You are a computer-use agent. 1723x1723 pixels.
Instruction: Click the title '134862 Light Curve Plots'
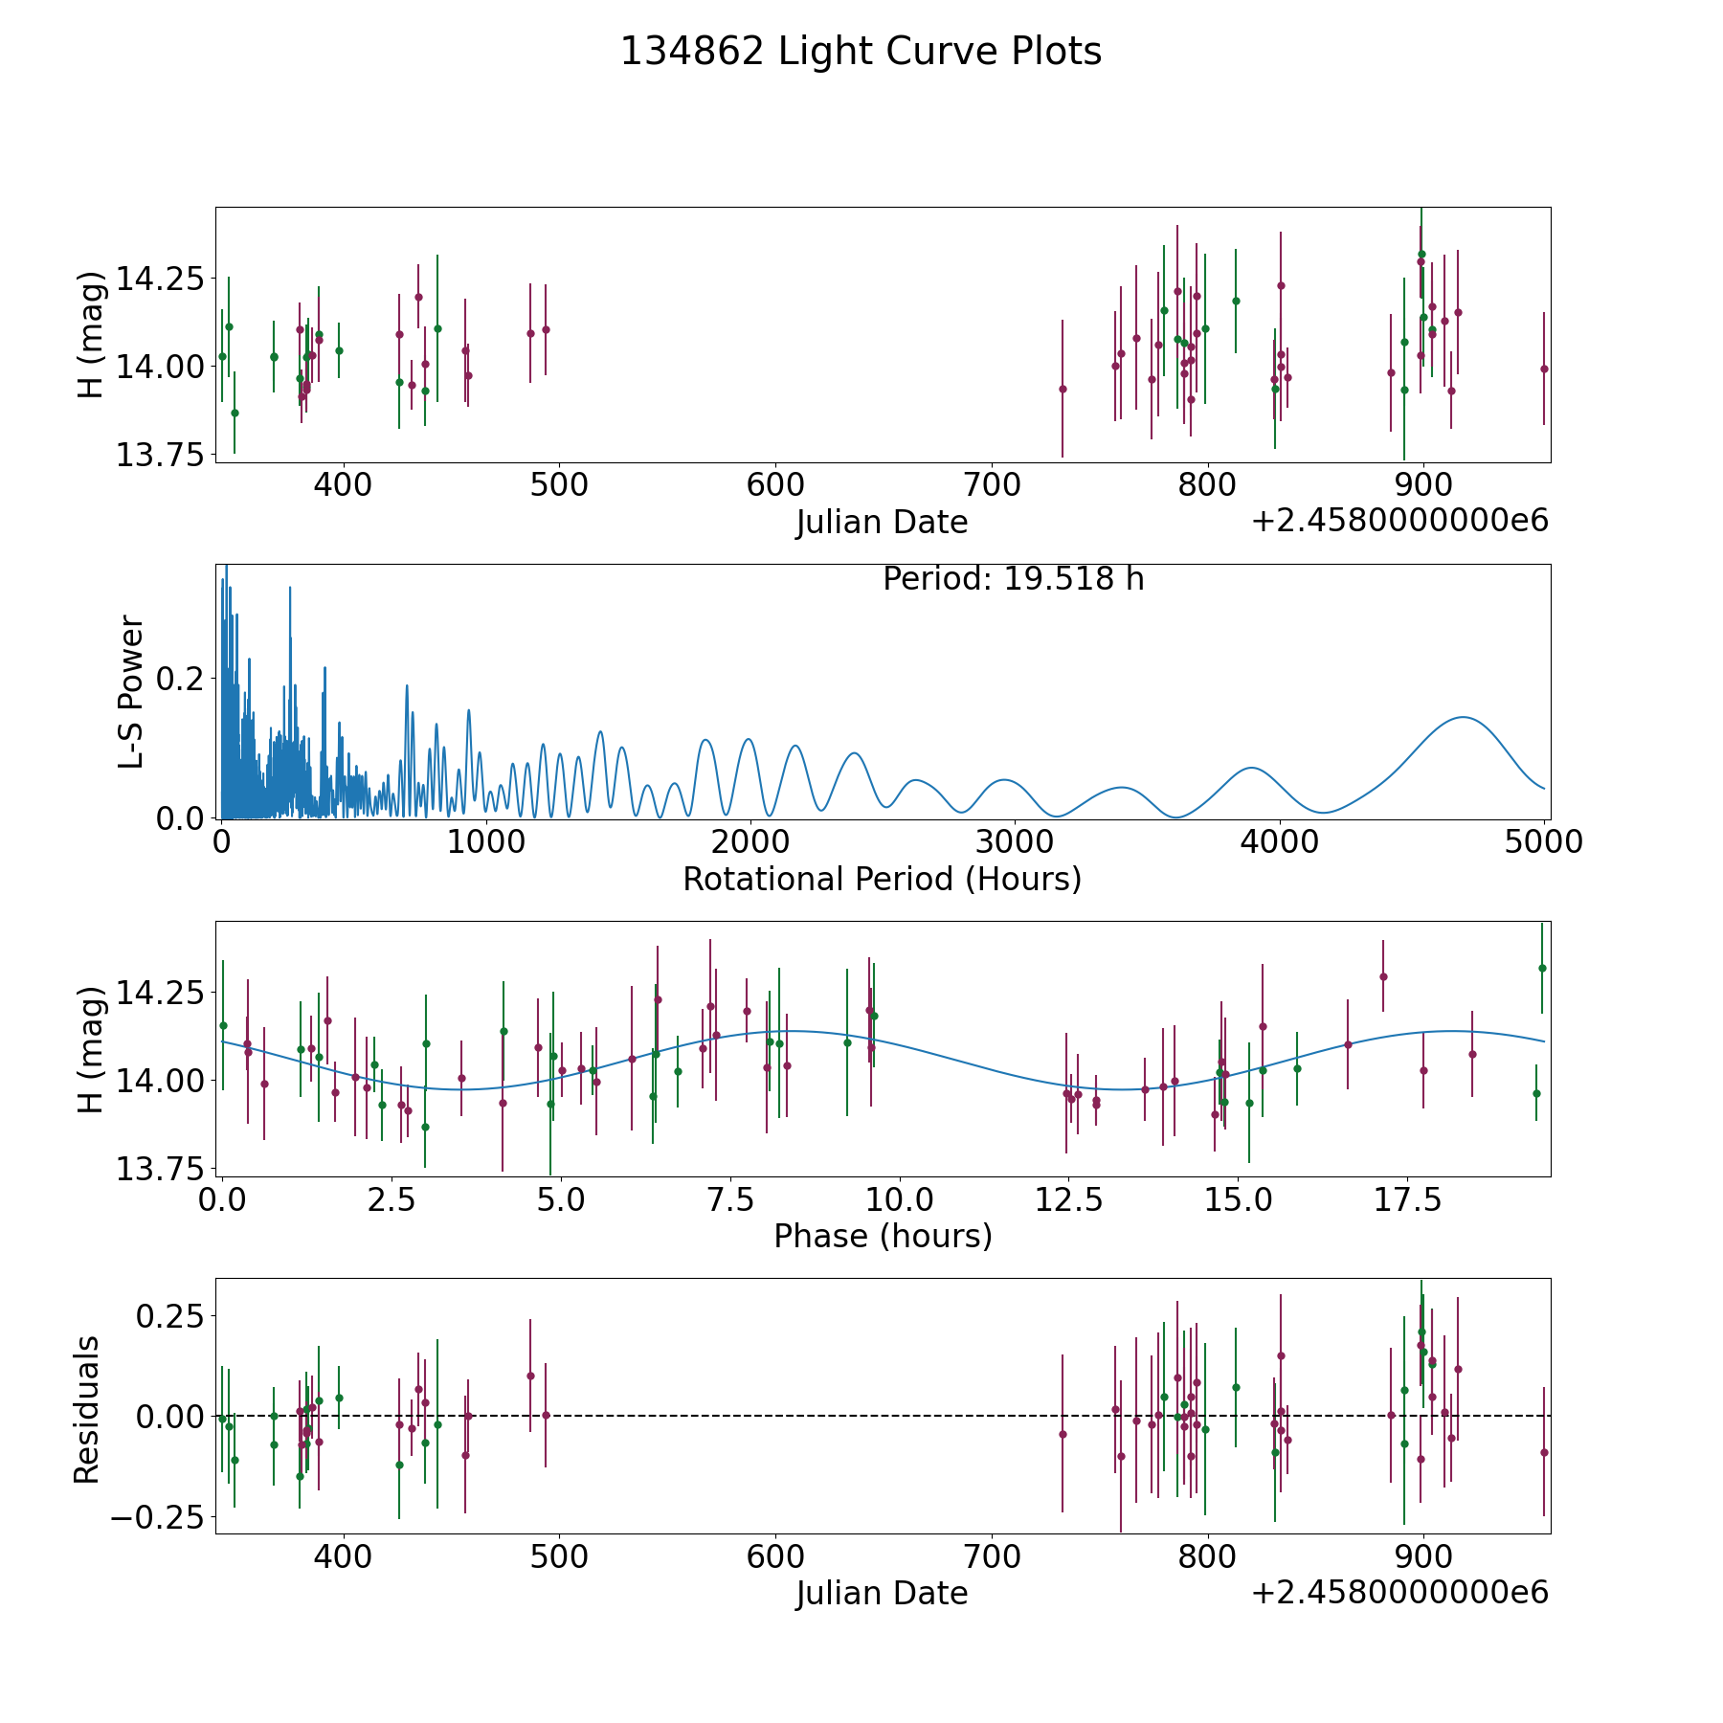point(861,52)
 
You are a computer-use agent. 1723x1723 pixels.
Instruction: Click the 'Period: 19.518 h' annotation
point(1013,579)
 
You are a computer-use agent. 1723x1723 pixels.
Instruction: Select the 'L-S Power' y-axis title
point(131,691)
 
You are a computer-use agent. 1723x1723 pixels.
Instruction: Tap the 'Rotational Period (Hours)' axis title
point(882,879)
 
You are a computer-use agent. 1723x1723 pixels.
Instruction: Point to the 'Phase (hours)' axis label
point(882,1236)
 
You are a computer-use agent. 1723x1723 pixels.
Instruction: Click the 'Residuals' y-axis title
point(87,1409)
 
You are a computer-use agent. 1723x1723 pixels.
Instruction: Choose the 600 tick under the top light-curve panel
point(774,485)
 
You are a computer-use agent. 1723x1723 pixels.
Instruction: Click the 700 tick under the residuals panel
point(991,1556)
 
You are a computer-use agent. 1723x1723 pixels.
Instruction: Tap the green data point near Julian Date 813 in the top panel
point(1236,301)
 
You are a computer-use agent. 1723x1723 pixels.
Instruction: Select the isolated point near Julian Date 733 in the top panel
point(1063,389)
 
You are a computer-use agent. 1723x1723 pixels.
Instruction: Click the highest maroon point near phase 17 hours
point(1382,976)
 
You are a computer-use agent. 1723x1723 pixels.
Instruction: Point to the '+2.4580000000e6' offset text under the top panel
point(1399,521)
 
